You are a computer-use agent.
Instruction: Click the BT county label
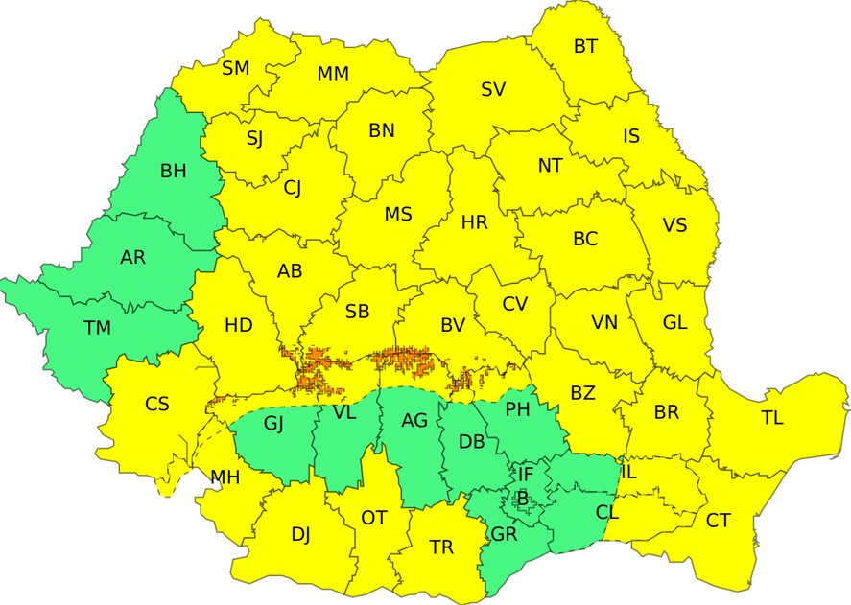point(585,47)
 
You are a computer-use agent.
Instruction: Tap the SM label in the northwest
point(235,69)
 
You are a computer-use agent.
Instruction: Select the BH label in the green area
point(174,172)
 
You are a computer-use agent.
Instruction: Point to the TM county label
point(97,329)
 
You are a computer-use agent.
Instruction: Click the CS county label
point(157,405)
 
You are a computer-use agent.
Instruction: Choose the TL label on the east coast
point(771,418)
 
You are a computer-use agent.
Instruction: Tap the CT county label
point(718,521)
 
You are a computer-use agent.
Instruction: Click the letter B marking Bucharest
point(522,498)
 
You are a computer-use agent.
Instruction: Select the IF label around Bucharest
point(525,474)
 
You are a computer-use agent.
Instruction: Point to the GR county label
point(504,534)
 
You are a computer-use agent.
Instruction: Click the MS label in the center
point(398,215)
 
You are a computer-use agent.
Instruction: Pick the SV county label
point(493,90)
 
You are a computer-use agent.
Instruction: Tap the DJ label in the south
point(300,535)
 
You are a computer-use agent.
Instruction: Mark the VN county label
point(603,323)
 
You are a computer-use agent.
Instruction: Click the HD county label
point(238,326)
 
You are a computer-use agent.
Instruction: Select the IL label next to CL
point(629,472)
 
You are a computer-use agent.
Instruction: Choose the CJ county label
point(293,188)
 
